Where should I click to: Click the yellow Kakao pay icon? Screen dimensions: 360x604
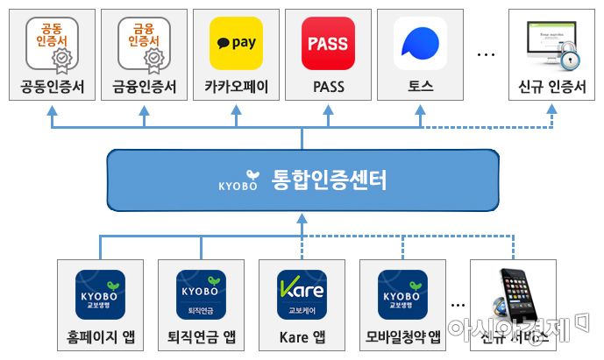(x=235, y=43)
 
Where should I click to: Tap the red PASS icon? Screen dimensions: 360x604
(x=328, y=43)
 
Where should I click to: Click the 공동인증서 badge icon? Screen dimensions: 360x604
(x=52, y=44)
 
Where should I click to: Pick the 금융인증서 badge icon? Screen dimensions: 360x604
(x=144, y=44)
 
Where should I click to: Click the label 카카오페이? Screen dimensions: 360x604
(x=236, y=87)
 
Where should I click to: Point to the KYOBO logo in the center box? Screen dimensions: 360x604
(x=238, y=184)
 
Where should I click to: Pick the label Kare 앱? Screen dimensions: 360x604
(x=301, y=338)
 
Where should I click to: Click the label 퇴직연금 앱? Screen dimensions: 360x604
(x=200, y=338)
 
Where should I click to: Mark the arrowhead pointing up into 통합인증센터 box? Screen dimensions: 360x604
(x=302, y=220)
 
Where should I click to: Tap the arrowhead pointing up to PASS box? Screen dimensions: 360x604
(x=328, y=109)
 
